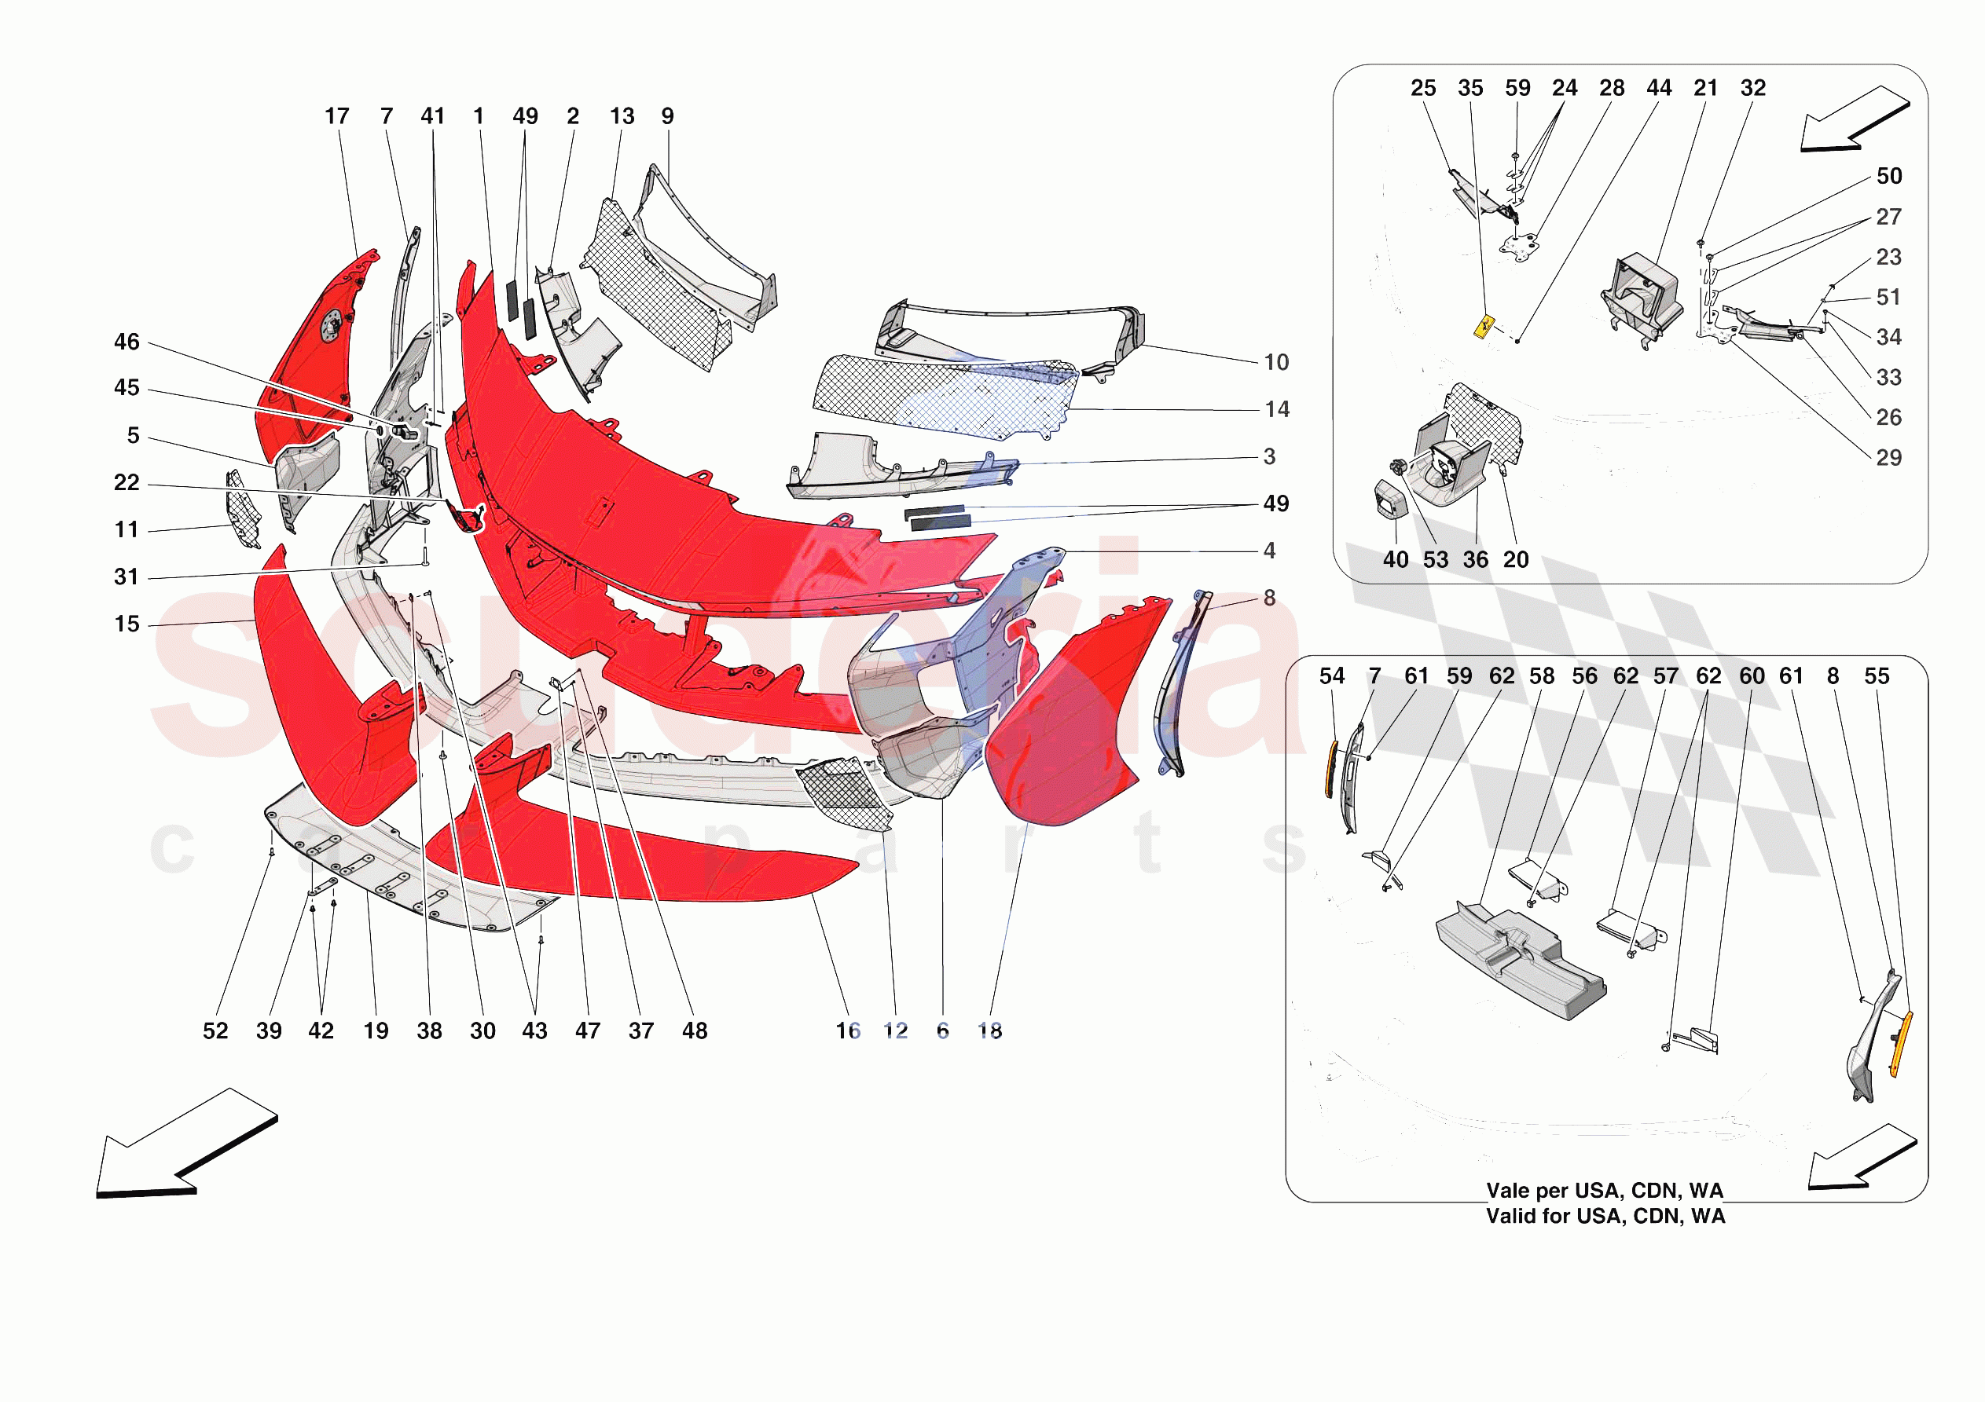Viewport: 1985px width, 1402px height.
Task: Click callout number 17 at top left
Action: point(336,115)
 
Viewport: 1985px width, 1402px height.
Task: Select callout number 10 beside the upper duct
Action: point(1276,362)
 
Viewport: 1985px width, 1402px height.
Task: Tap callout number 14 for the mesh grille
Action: point(1277,409)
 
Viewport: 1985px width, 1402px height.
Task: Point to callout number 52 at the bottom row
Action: point(215,1030)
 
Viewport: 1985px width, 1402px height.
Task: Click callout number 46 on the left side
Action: point(127,342)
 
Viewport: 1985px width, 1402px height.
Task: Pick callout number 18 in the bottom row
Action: point(989,1030)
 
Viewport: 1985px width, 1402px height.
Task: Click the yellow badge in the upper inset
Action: point(1484,327)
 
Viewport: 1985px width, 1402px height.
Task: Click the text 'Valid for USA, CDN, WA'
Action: point(1605,1216)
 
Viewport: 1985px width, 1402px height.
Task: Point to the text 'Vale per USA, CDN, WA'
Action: point(1605,1190)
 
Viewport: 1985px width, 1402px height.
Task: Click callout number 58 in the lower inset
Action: point(1542,676)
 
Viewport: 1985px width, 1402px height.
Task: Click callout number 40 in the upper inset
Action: point(1396,559)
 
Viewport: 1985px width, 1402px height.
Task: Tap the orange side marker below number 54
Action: point(1332,768)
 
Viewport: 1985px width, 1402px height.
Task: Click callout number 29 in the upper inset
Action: point(1888,457)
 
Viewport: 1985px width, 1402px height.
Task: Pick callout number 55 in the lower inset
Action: point(1876,676)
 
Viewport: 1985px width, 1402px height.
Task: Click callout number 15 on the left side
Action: point(127,623)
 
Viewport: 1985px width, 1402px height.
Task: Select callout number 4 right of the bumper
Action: point(1269,550)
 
